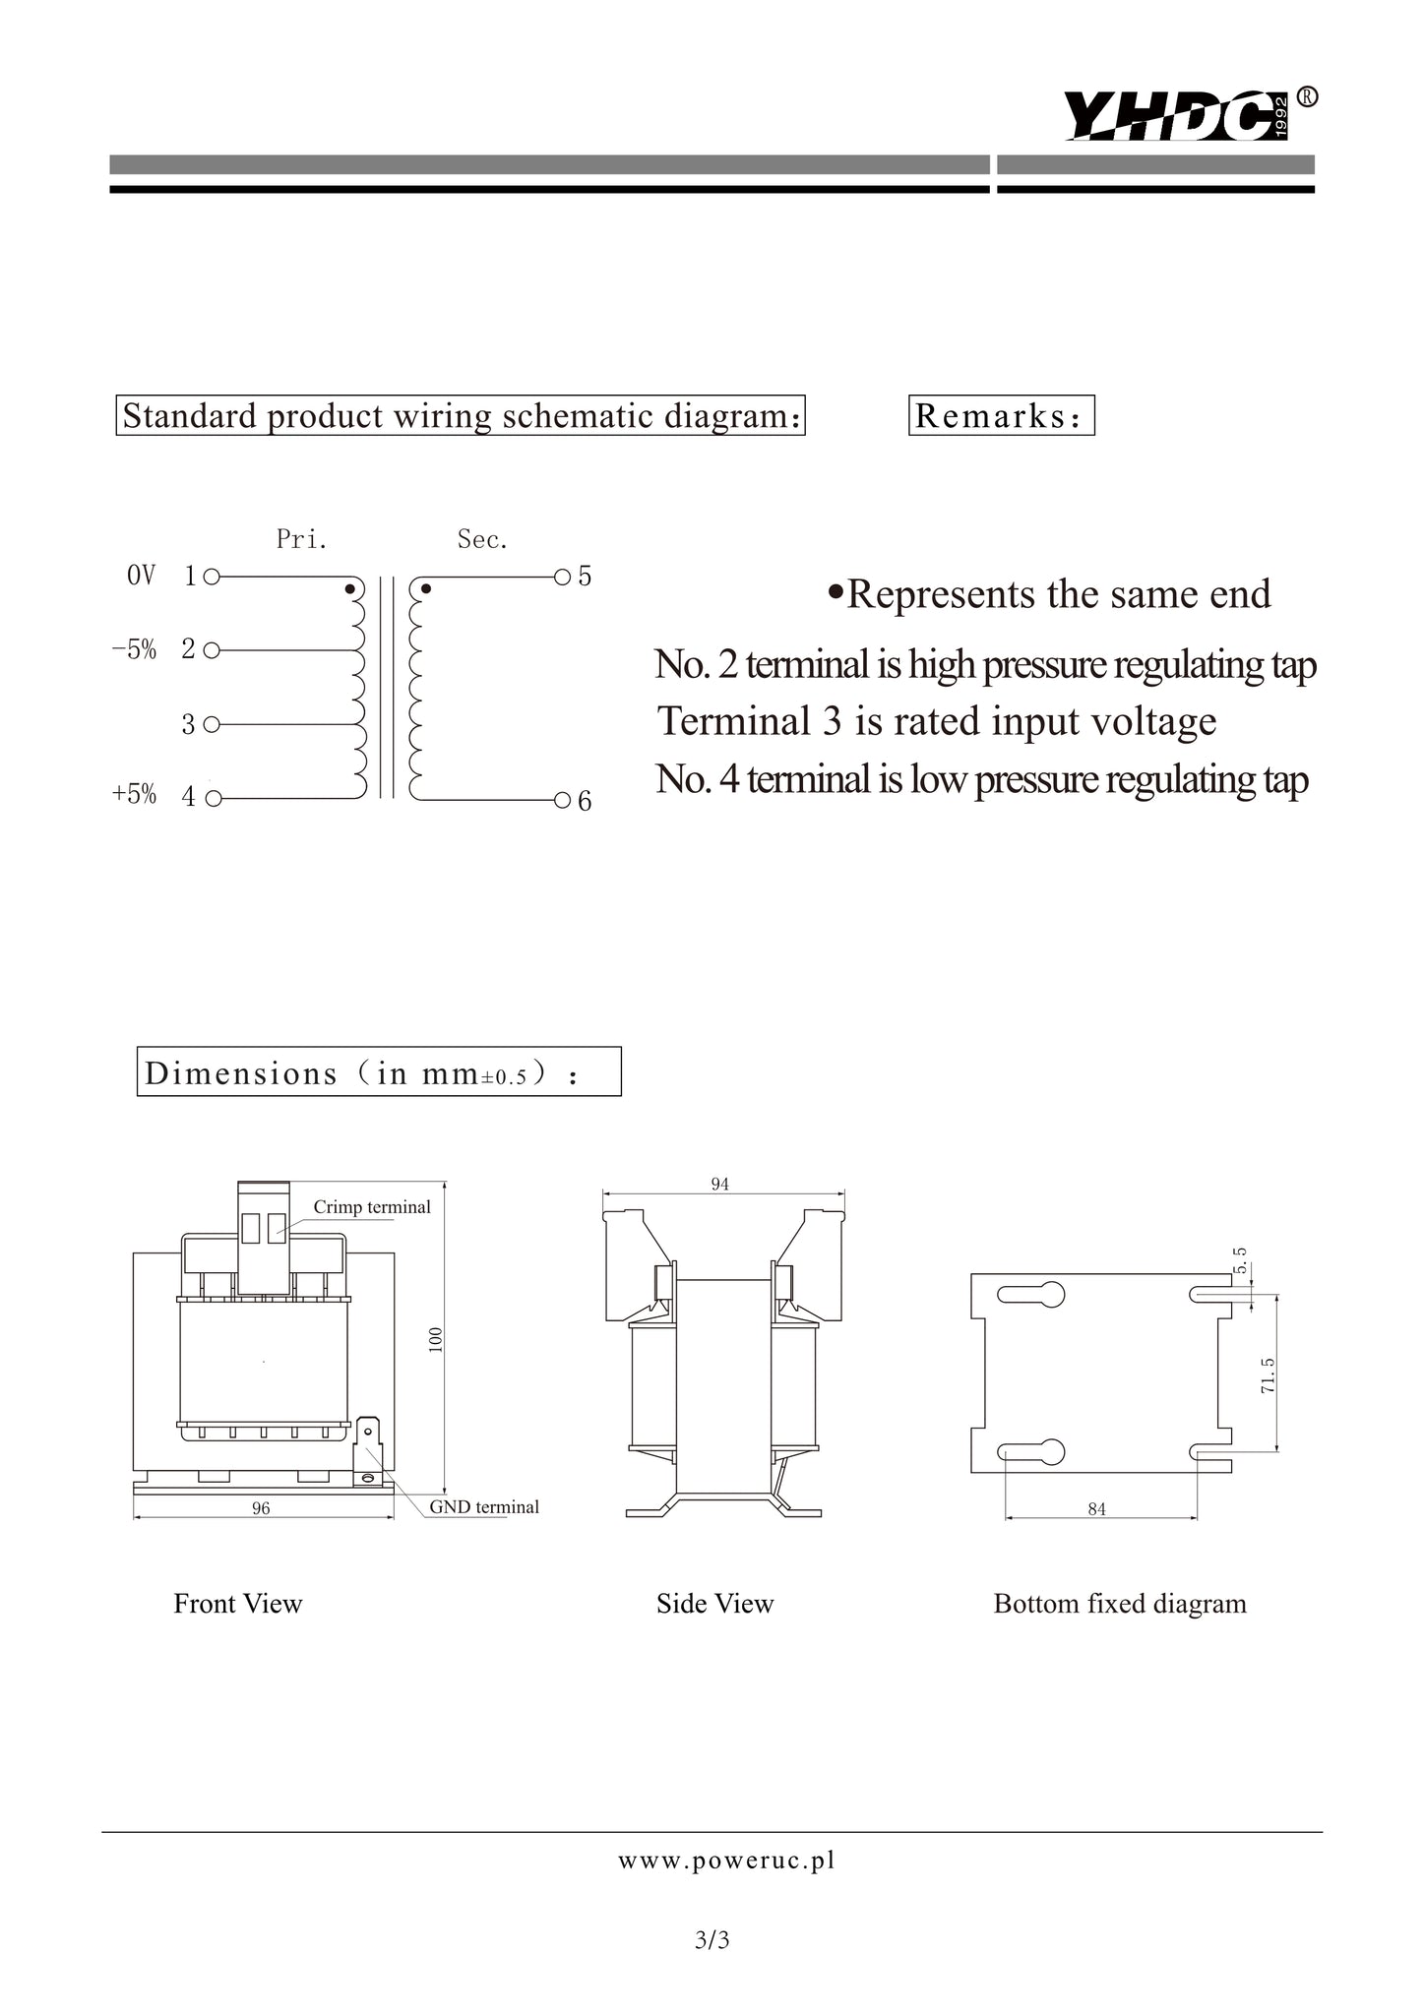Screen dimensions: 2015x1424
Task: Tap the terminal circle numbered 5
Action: [x=562, y=577]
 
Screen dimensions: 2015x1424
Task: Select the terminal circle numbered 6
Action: [x=562, y=799]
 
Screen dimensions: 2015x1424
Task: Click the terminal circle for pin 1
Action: [x=211, y=577]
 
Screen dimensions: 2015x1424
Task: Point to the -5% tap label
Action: [x=135, y=649]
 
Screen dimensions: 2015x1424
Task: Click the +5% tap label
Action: [x=135, y=795]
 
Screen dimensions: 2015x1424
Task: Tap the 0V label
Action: [x=141, y=576]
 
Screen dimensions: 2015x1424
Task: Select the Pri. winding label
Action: [x=301, y=539]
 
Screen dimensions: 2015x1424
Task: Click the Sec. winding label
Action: [x=482, y=539]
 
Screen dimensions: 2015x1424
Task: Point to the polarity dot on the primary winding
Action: [x=348, y=589]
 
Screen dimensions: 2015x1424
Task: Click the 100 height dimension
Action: [x=437, y=1339]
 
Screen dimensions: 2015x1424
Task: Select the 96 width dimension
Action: [x=261, y=1508]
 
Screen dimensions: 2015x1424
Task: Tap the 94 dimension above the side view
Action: [x=720, y=1185]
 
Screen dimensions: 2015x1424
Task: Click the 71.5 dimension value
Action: [x=1269, y=1374]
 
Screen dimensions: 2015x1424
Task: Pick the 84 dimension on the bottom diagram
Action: [x=1097, y=1509]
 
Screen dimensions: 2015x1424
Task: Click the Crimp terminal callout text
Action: [x=372, y=1207]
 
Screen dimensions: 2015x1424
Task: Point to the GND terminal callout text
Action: [x=484, y=1507]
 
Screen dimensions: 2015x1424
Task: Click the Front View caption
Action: [x=238, y=1604]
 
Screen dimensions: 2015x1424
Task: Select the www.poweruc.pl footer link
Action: [x=726, y=1861]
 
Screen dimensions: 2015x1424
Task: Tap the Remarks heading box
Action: [x=1001, y=415]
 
